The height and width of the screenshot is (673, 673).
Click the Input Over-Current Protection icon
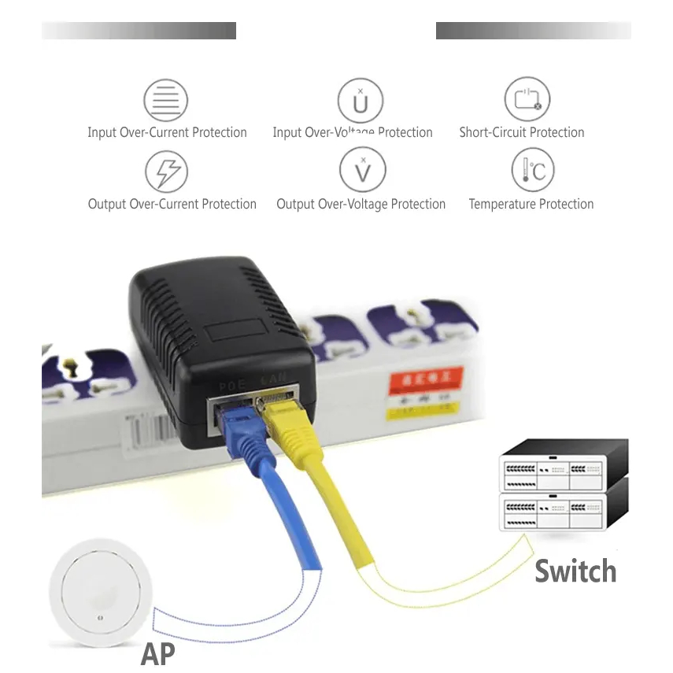[165, 101]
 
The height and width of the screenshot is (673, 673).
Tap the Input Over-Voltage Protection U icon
[361, 101]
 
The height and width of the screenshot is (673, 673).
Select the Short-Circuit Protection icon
[527, 99]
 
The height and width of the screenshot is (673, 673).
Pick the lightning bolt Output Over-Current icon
[167, 171]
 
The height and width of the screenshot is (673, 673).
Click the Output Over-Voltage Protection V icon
[362, 170]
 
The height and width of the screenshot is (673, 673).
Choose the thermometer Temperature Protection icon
[533, 170]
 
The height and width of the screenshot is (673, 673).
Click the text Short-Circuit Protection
[522, 132]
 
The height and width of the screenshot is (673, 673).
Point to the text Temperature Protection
[531, 204]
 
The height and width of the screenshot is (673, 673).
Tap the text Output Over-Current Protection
[172, 204]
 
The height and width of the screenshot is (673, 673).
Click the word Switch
[575, 571]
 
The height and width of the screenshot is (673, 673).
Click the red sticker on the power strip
[421, 381]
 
